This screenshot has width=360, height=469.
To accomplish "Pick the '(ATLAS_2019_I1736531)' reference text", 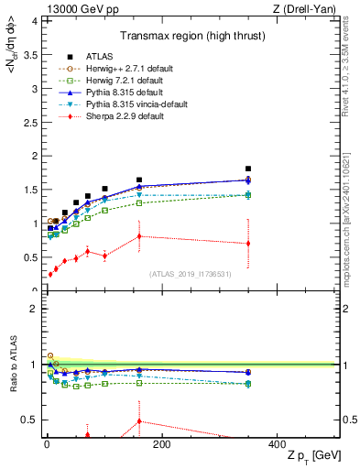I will tap(191, 274).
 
